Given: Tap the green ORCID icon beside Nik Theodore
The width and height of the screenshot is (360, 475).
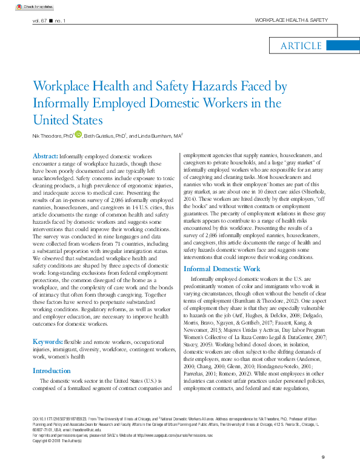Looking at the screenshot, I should [x=78, y=135].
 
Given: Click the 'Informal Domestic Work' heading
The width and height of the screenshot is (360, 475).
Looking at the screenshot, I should [x=221, y=268].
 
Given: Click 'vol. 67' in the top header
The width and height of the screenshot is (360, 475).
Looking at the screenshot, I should [x=41, y=21].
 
